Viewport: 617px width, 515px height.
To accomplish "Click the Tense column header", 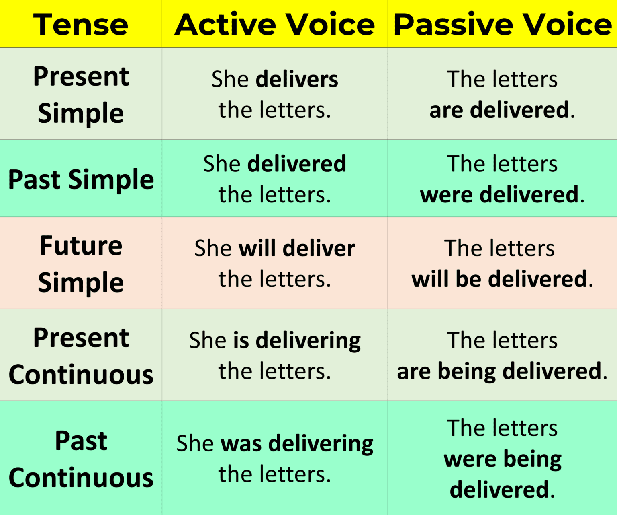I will click(x=81, y=25).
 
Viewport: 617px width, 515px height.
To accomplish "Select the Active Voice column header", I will click(x=275, y=25).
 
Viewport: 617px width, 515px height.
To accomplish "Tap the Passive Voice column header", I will click(x=503, y=25).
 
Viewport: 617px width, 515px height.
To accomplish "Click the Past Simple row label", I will click(x=81, y=179).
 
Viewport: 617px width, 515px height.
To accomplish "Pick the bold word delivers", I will click(x=297, y=79).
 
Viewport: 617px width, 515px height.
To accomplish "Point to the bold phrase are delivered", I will click(x=499, y=110).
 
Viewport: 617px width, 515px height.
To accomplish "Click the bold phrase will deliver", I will click(x=297, y=248).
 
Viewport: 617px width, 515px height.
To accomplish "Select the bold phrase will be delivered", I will click(x=499, y=279).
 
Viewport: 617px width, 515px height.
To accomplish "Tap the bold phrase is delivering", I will click(x=297, y=340).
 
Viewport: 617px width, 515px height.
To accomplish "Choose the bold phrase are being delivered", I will click(x=499, y=371).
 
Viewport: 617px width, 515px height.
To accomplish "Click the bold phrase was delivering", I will click(x=297, y=443).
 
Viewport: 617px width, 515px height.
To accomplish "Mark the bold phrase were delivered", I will click(x=499, y=195).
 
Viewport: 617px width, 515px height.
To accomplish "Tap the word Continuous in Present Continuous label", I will click(x=81, y=375).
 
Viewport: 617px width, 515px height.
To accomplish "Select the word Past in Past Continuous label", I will click(x=81, y=441).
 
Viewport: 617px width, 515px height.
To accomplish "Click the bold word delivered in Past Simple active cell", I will click(x=296, y=164).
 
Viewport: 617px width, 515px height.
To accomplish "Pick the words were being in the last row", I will click(x=503, y=459).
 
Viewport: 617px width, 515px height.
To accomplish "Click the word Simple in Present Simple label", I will click(x=81, y=113).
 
